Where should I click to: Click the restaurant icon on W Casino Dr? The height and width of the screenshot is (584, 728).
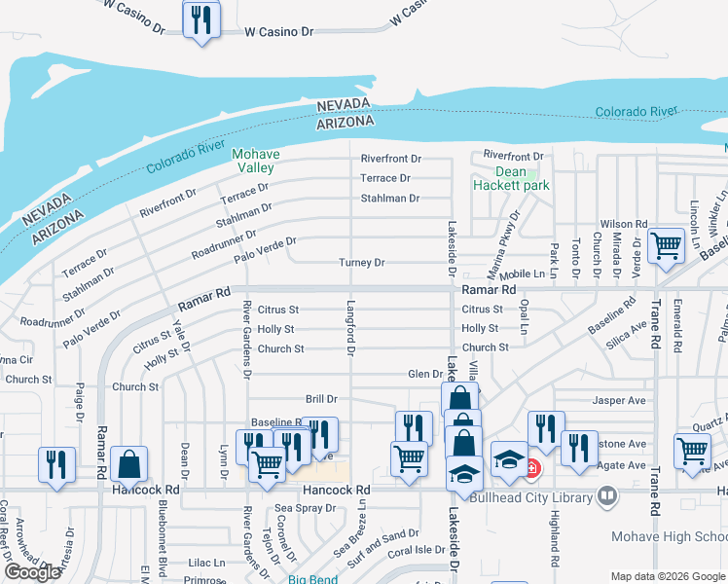coord(201,18)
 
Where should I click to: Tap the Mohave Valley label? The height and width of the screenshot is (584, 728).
coord(255,161)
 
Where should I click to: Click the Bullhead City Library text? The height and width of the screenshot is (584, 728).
coord(530,498)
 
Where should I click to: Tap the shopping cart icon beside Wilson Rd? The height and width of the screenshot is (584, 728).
coord(666,246)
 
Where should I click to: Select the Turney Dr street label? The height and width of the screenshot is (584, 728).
coord(362,263)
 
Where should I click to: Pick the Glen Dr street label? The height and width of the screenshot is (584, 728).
coord(425,374)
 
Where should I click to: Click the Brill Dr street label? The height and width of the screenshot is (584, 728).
coord(321,399)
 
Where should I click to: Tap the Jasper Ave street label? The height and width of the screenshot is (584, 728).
coord(619,400)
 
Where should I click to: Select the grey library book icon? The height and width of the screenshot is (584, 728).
coord(607,497)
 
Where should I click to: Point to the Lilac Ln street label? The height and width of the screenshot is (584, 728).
coord(206,563)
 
